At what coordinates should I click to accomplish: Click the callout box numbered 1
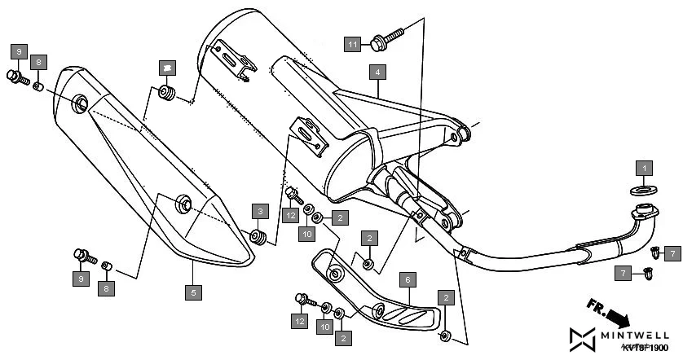tap(645, 169)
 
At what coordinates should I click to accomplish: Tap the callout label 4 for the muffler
tap(377, 72)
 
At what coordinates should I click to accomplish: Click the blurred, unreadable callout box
tap(167, 66)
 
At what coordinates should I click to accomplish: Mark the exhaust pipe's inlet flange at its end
tap(646, 216)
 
